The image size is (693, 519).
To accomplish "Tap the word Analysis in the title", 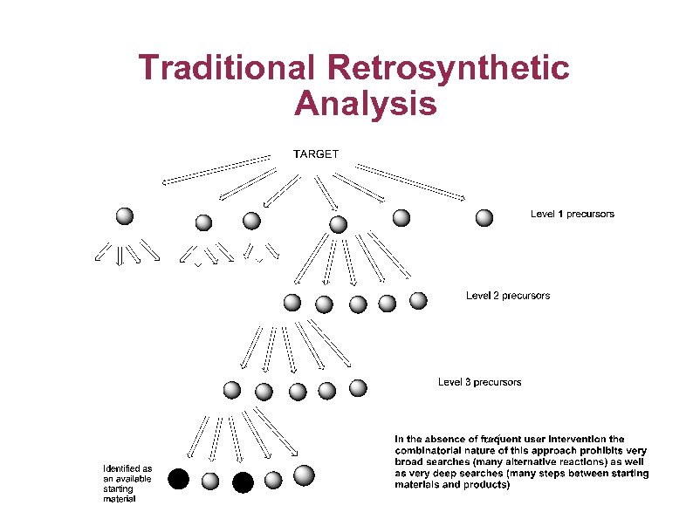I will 365,104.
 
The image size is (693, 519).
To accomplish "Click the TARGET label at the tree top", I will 315,154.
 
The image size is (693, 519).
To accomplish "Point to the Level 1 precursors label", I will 572,214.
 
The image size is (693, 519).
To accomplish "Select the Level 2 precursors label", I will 508,296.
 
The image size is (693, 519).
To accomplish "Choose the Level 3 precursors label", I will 479,382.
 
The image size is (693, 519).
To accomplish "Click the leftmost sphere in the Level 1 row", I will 125,215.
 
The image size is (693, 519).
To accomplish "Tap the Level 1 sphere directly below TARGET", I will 339,224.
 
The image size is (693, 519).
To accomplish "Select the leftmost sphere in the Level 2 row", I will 292,303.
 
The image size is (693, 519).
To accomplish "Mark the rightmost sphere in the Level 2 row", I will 418,300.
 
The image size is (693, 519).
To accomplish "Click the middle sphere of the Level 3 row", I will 298,392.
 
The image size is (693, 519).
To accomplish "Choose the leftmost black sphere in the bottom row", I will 178,478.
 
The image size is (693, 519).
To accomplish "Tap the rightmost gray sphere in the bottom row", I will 304,475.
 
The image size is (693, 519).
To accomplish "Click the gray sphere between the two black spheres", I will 210,481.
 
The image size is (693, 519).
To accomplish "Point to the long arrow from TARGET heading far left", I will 216,170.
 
